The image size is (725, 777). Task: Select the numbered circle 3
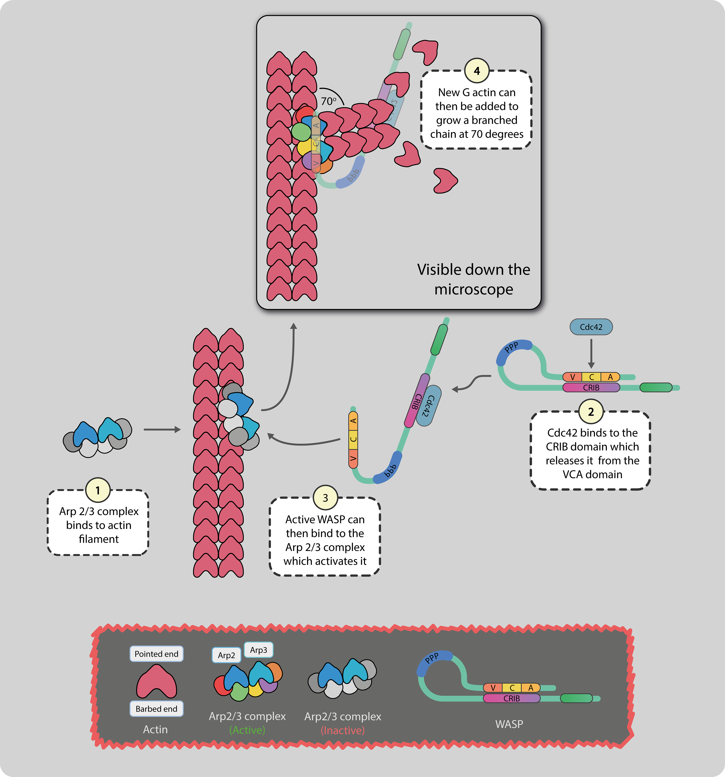click(x=325, y=498)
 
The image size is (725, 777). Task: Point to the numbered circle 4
click(x=476, y=71)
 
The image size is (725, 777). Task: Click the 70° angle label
click(x=328, y=101)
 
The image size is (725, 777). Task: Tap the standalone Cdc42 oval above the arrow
click(x=591, y=327)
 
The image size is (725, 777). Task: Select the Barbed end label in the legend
click(x=156, y=709)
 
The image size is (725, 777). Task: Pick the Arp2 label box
click(x=226, y=655)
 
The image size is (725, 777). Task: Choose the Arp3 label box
click(x=258, y=650)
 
